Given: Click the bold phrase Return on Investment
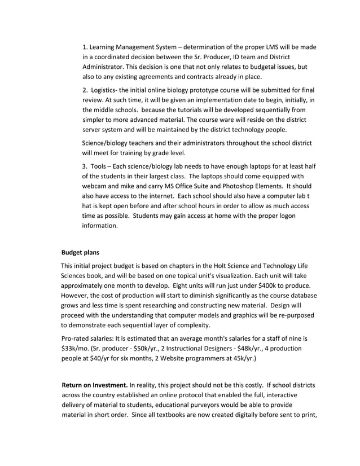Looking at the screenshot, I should click(x=94, y=386).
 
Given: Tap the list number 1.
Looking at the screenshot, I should click(x=85, y=46).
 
